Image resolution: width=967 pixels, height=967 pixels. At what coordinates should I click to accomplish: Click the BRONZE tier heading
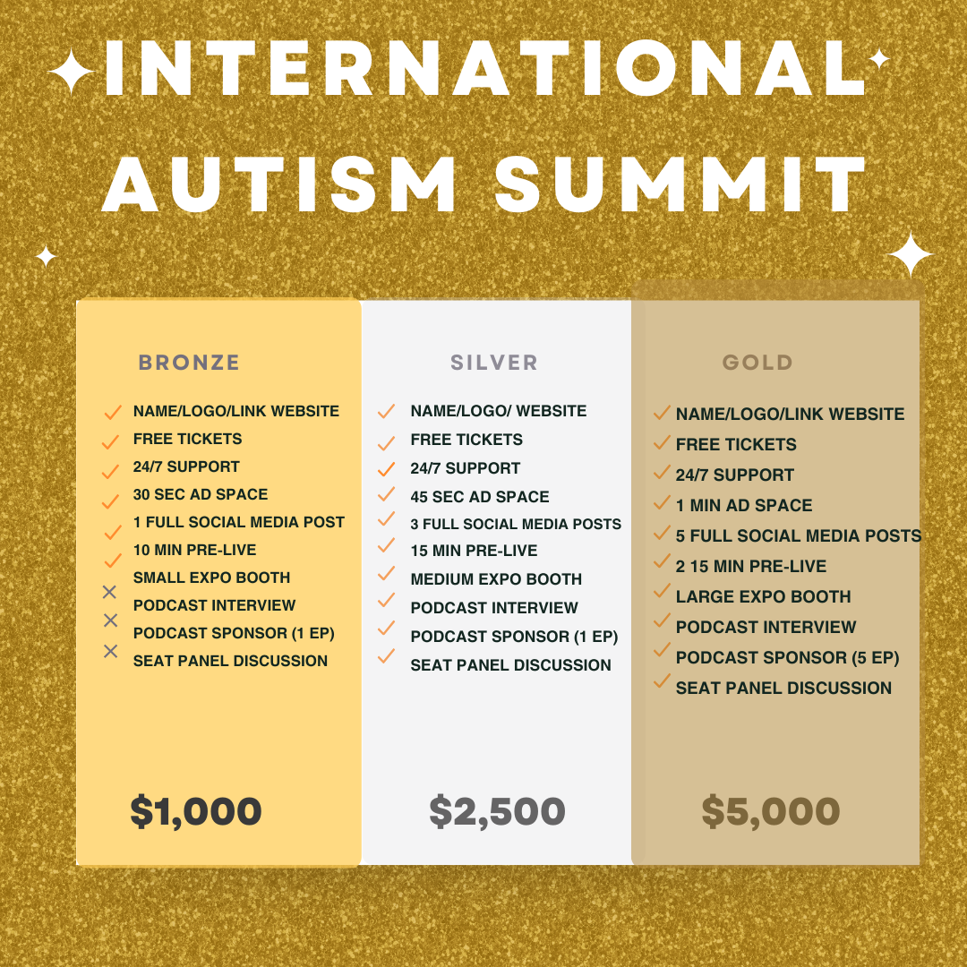click(x=189, y=363)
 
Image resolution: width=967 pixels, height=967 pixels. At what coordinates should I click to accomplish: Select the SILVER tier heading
click(x=494, y=363)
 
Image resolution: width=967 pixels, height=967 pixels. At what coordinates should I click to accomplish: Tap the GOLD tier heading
click(x=757, y=363)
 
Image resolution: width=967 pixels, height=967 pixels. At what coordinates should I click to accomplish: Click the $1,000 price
click(x=196, y=811)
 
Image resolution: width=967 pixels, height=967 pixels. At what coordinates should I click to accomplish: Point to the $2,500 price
click(x=497, y=811)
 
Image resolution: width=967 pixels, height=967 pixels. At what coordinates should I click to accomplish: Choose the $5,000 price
click(x=770, y=811)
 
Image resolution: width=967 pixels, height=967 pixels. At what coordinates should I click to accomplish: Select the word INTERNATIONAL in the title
click(x=483, y=69)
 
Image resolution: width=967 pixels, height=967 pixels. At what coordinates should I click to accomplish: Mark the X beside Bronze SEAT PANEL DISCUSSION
click(x=110, y=651)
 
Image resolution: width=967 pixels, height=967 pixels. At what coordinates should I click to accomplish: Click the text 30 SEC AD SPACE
click(x=201, y=494)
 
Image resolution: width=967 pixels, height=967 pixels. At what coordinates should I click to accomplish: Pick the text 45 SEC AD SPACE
click(x=480, y=497)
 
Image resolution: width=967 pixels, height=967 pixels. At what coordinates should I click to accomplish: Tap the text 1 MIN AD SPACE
click(x=744, y=506)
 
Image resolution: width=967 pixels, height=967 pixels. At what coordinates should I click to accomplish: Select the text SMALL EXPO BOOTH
click(x=211, y=578)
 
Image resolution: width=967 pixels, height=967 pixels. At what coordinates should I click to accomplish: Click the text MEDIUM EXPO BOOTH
click(x=496, y=579)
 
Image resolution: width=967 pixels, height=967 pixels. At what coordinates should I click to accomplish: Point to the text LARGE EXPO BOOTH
click(x=763, y=597)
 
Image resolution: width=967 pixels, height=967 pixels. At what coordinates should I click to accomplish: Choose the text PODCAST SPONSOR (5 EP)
click(x=787, y=658)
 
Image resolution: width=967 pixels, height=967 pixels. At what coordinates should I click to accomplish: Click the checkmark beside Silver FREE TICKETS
click(x=386, y=443)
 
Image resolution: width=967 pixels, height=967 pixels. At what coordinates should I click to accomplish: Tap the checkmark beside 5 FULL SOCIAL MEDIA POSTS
click(x=662, y=534)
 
